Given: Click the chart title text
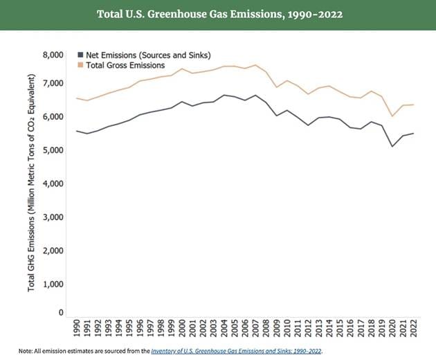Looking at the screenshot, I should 217,15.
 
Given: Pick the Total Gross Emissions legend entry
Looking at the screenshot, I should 125,65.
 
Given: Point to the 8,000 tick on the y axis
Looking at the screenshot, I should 53,54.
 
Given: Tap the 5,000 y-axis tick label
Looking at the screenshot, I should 53,150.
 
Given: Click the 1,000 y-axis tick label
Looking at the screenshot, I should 53,284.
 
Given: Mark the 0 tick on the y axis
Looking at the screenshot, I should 60,313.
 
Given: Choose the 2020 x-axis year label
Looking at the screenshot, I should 392,327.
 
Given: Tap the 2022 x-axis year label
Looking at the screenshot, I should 413,327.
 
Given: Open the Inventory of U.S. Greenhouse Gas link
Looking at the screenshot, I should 236,350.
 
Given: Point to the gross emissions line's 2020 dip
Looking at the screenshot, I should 392,116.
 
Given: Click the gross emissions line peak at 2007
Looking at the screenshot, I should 255,65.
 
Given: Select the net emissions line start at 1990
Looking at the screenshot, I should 76,130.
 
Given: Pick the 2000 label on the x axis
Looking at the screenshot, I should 181,327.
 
